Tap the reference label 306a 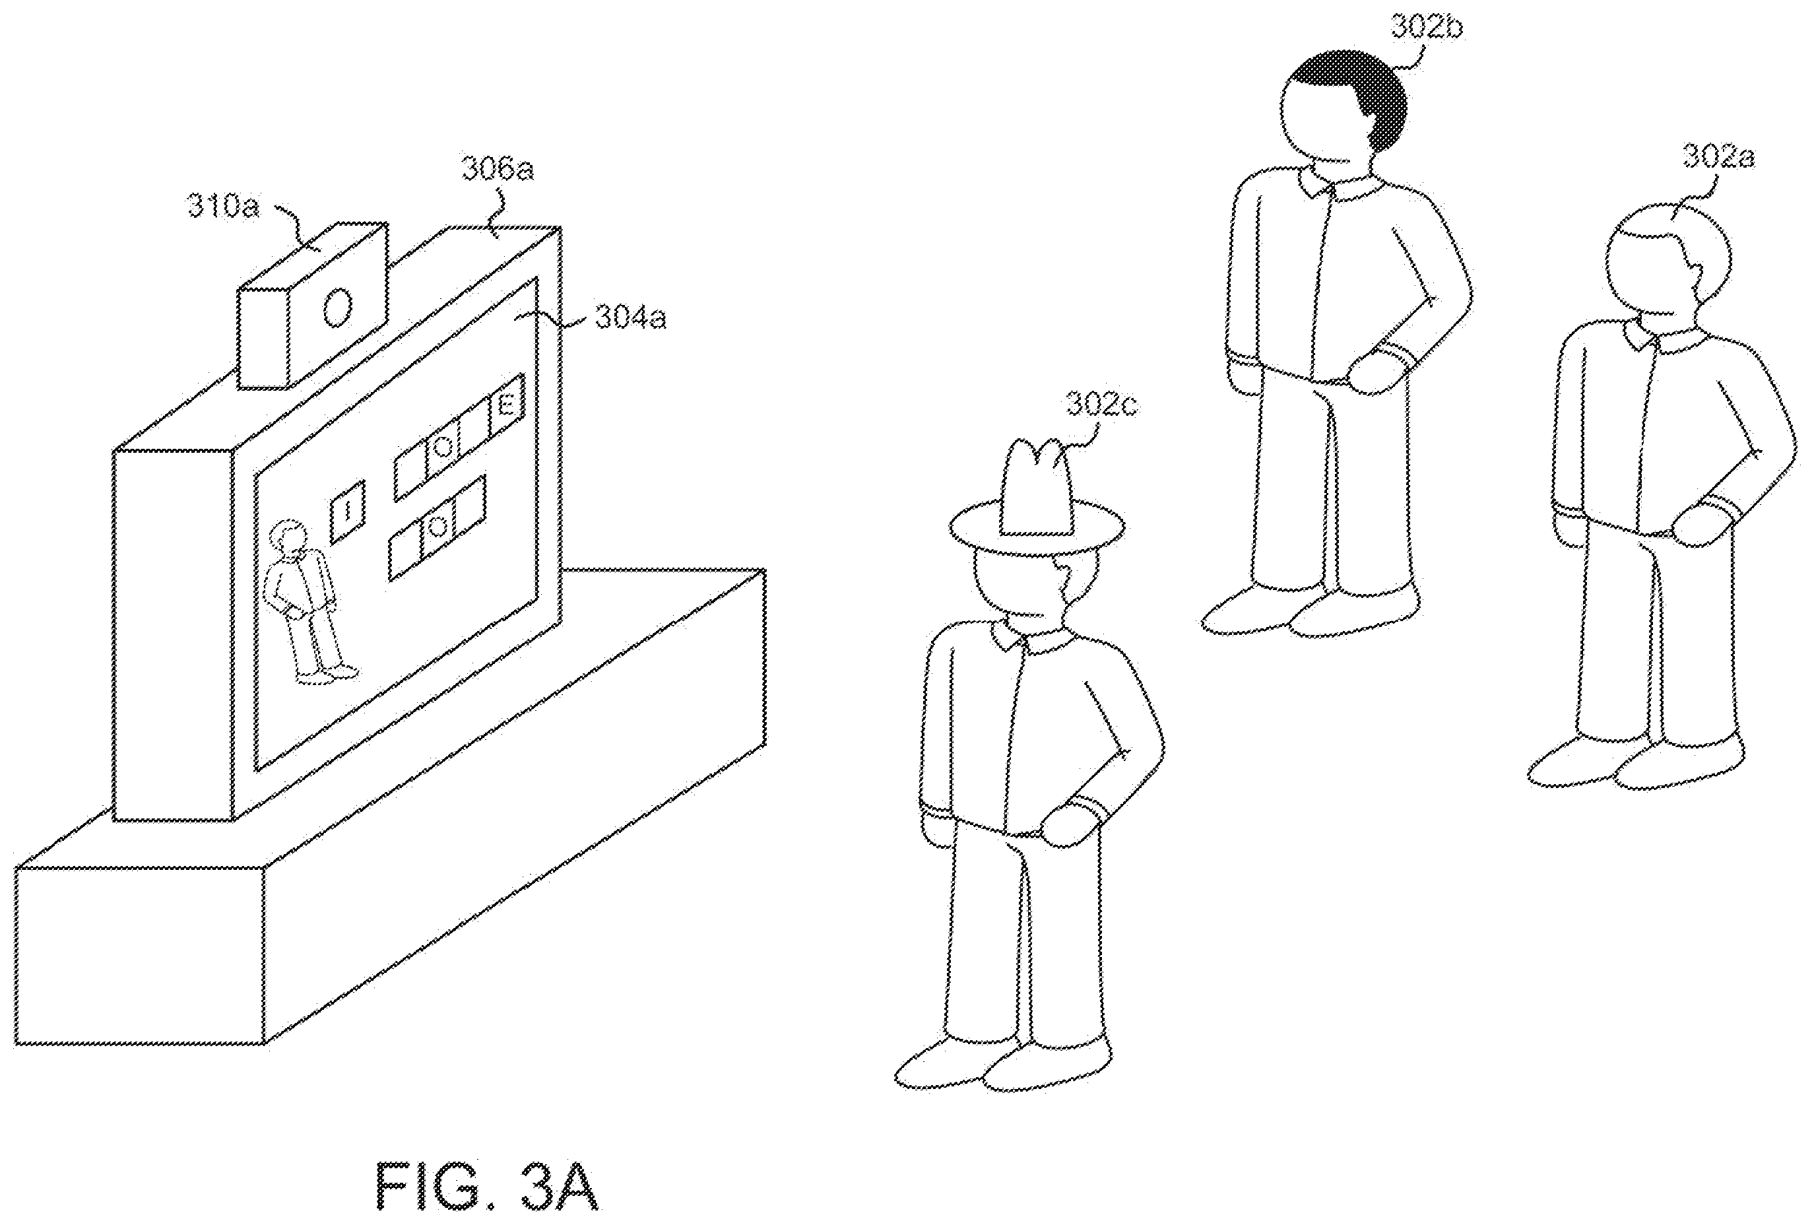coord(497,169)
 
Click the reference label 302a coord(1719,157)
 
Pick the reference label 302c coord(1102,407)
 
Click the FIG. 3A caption coord(488,1186)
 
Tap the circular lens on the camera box coord(338,309)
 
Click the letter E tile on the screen coord(507,406)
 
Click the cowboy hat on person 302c coord(1037,504)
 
